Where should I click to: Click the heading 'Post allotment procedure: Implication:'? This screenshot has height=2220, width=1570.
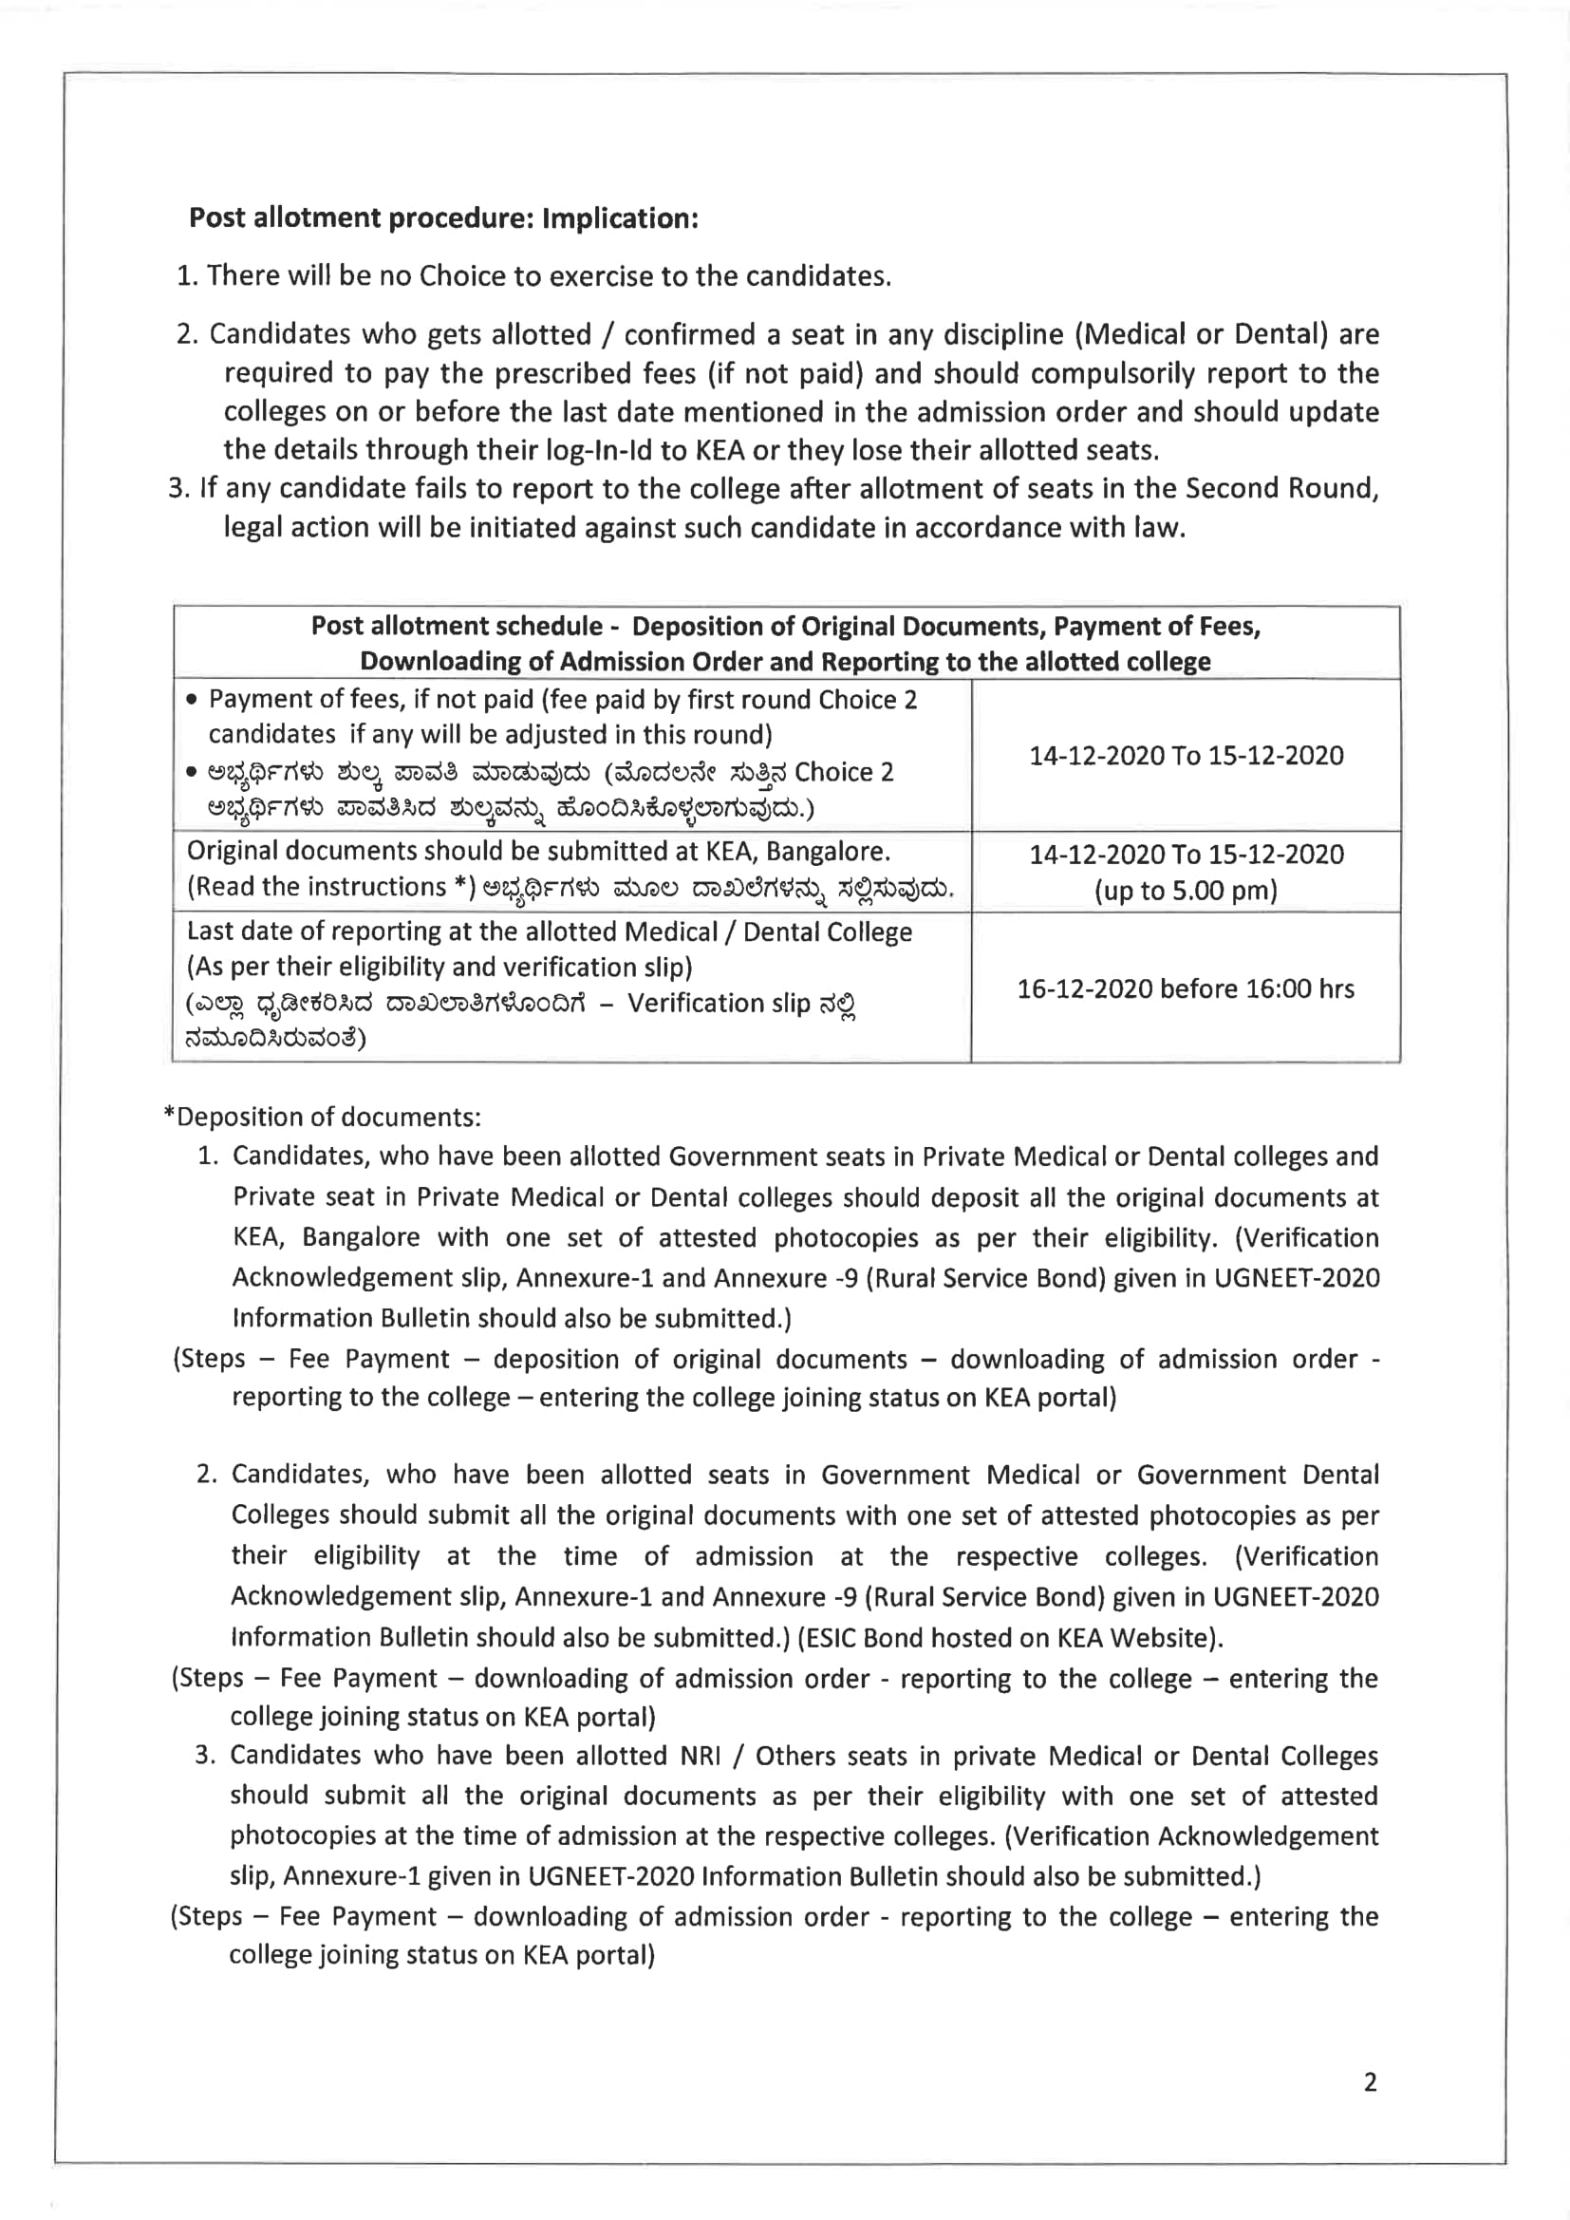[442, 217]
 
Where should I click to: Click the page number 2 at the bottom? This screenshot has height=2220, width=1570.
[1370, 2081]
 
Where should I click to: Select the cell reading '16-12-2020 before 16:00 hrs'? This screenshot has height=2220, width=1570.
[1186, 988]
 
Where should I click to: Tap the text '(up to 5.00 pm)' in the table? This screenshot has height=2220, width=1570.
[1186, 891]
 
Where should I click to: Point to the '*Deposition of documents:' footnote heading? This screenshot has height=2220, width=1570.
[323, 1117]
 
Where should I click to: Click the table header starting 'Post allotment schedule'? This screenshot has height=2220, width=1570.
[785, 643]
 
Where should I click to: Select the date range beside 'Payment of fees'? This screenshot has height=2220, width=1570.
[1186, 755]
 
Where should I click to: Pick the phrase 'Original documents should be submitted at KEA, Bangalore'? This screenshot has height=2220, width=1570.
[537, 851]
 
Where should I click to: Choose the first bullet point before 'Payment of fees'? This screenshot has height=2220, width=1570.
[193, 700]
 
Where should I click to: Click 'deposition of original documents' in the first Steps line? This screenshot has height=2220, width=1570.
[700, 1359]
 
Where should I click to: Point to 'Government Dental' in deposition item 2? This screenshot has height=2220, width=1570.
[1257, 1475]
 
